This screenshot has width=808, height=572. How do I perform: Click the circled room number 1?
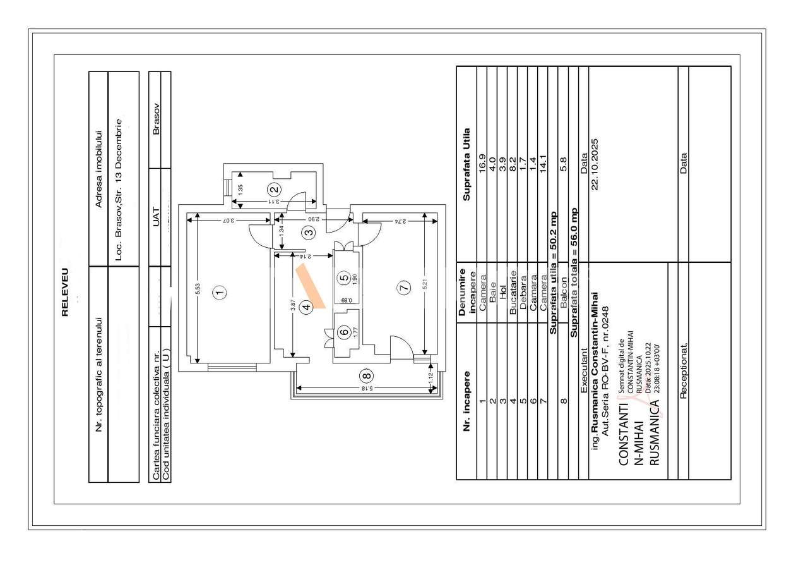220,292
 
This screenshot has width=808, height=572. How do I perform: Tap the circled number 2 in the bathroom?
274,189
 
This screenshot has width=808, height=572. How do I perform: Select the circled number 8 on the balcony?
367,376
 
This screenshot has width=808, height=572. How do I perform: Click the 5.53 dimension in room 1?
198,289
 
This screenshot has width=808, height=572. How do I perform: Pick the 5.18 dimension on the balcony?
365,388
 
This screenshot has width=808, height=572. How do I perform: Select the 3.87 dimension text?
292,304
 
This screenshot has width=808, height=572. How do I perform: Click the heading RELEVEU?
65,291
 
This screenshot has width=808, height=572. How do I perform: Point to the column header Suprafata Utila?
466,164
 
